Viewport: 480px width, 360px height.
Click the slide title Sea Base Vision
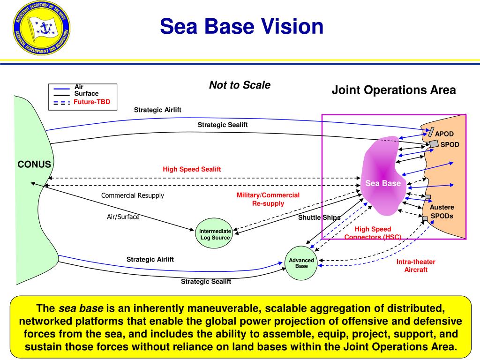(x=241, y=27)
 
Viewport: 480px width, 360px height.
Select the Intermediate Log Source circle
(x=215, y=234)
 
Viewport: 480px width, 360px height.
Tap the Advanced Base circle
(x=301, y=263)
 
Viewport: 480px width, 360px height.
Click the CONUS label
(x=34, y=165)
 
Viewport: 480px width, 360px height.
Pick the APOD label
(x=444, y=134)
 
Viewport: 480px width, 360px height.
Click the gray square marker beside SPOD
(x=434, y=143)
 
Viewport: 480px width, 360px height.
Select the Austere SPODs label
(x=442, y=211)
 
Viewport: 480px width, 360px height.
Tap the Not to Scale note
(x=240, y=85)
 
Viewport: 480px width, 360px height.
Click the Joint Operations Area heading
(x=394, y=90)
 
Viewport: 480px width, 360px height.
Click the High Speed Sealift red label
(x=192, y=169)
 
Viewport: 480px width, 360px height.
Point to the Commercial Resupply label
(x=133, y=195)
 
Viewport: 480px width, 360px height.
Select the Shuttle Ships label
(x=319, y=217)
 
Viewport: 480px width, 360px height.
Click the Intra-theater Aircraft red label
(x=416, y=266)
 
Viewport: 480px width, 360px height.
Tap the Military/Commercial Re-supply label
(x=268, y=199)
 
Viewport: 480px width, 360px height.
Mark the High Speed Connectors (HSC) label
(x=373, y=233)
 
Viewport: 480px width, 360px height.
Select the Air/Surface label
(x=123, y=217)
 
